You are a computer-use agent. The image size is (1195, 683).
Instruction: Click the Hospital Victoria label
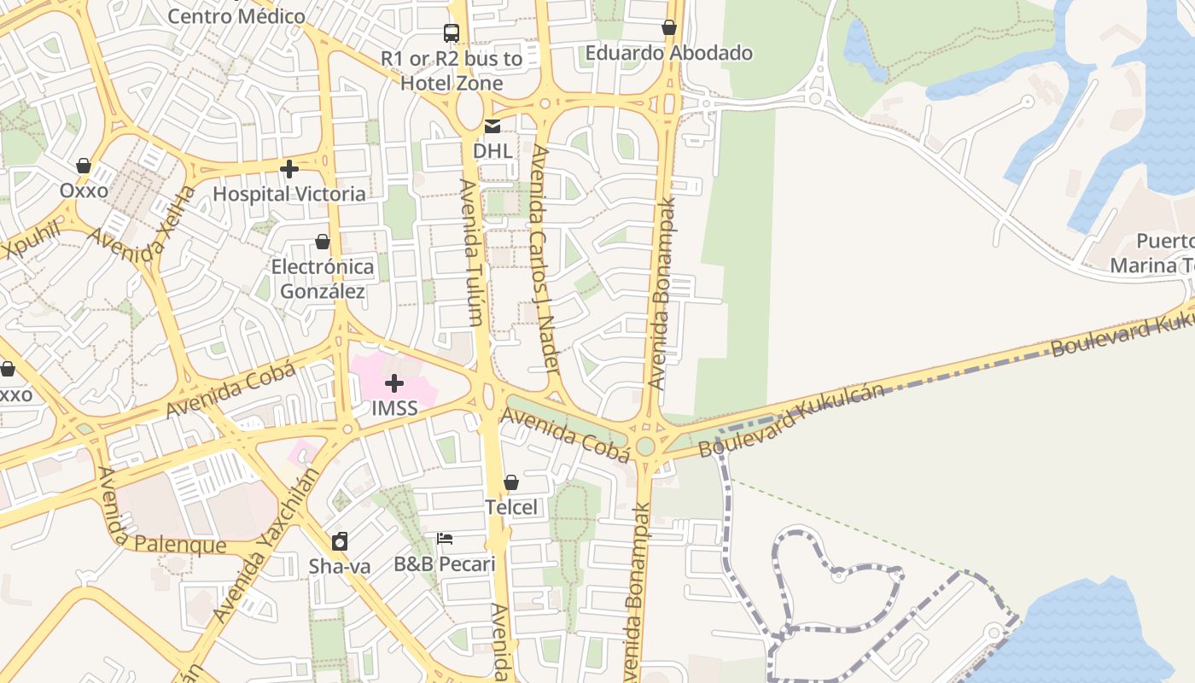(x=289, y=194)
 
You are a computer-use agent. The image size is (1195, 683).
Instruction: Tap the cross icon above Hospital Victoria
(x=289, y=169)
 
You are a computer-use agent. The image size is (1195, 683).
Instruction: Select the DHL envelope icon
(x=493, y=127)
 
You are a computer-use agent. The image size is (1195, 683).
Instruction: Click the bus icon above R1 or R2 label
(x=452, y=33)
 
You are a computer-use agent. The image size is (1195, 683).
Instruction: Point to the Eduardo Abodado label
(x=668, y=53)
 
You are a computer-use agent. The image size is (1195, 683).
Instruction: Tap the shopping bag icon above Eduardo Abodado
(x=669, y=28)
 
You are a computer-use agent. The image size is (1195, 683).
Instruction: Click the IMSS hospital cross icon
(x=394, y=383)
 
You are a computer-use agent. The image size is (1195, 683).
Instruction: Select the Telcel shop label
(x=511, y=507)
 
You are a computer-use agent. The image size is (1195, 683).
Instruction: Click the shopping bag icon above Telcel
(x=511, y=483)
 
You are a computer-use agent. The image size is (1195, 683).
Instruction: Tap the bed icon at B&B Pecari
(x=445, y=539)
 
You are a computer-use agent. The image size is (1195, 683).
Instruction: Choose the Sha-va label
(x=340, y=565)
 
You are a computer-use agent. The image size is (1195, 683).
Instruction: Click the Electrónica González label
(x=323, y=279)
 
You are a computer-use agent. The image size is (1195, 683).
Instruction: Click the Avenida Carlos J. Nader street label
(x=545, y=259)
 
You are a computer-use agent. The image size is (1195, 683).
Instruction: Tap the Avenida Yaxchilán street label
(x=265, y=544)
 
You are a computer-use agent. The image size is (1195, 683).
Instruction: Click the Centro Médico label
(x=236, y=15)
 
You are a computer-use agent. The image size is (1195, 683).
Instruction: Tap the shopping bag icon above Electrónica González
(x=323, y=242)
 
